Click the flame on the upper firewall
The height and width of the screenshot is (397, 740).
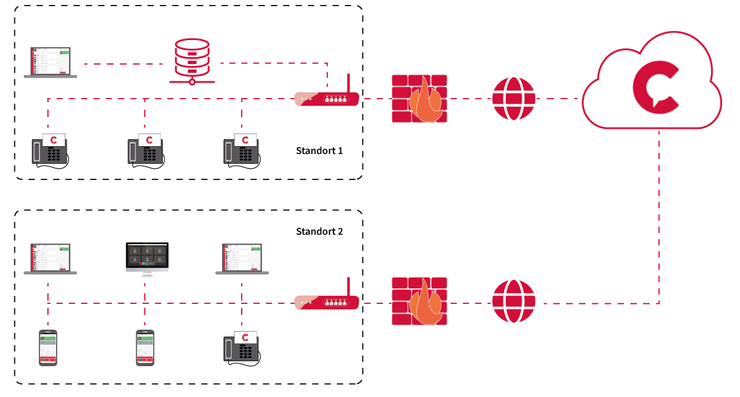point(425,102)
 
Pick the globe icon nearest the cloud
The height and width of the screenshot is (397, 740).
point(514,99)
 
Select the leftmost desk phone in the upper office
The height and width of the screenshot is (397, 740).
point(49,151)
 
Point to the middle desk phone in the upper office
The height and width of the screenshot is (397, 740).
point(146,151)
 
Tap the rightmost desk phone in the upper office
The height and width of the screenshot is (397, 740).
point(242,151)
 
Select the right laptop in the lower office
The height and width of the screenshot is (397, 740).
point(242,259)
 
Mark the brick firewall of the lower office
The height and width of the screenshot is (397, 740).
point(419,302)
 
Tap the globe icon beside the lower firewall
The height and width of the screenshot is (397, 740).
point(514,302)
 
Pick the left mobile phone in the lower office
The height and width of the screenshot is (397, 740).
point(48,348)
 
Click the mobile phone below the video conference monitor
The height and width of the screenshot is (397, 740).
point(144,348)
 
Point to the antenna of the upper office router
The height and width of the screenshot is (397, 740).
point(348,83)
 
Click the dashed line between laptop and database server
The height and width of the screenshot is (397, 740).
point(123,63)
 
